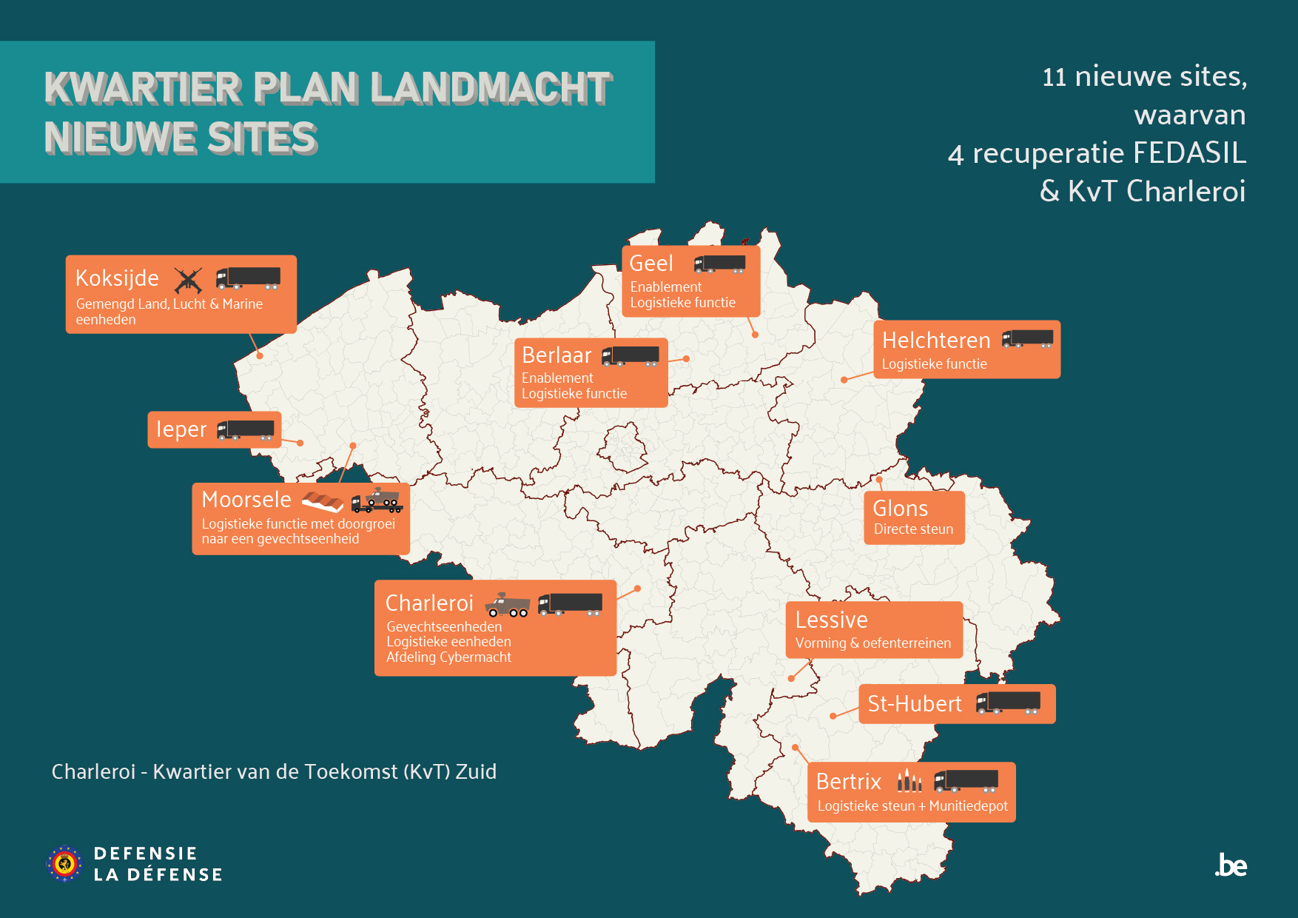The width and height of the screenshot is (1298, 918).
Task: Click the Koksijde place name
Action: pos(117,278)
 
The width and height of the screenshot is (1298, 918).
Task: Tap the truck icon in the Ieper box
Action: pos(246,430)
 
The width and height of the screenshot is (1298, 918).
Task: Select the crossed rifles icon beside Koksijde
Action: pos(188,280)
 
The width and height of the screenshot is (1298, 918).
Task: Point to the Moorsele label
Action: pos(246,500)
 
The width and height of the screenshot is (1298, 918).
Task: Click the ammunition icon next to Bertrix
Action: pos(909,780)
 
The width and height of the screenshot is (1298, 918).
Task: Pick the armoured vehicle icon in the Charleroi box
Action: pos(508,605)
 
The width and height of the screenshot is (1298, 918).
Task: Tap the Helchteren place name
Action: pos(936,341)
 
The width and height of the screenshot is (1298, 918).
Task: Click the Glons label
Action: pos(900,509)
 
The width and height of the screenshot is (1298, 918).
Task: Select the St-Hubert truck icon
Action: pos(1008,703)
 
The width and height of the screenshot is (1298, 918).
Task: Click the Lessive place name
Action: pos(831,620)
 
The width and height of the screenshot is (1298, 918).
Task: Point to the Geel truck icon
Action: pos(719,264)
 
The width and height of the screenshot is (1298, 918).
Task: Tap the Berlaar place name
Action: pos(556,355)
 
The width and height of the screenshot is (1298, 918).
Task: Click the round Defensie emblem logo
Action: pos(65,863)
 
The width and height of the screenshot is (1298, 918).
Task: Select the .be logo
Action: pos(1231,865)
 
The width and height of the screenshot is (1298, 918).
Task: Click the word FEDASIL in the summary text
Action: pos(1189,153)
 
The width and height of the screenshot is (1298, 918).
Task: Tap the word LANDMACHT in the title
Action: pos(491,88)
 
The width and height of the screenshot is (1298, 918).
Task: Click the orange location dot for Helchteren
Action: pos(844,380)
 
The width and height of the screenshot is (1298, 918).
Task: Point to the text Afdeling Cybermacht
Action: pos(448,657)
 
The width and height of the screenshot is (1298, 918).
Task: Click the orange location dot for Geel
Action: pos(755,335)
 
